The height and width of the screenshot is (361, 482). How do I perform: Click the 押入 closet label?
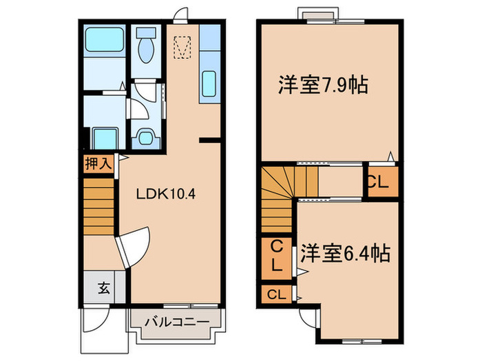pyautogui.click(x=97, y=164)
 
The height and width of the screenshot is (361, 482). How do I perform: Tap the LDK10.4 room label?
pyautogui.click(x=166, y=193)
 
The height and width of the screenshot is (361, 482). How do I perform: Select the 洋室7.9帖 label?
pyautogui.click(x=322, y=85)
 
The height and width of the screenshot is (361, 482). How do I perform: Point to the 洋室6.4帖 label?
pyautogui.click(x=344, y=254)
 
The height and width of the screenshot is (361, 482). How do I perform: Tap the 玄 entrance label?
pyautogui.click(x=103, y=287)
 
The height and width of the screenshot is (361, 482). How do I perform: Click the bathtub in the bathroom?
pyautogui.click(x=104, y=42)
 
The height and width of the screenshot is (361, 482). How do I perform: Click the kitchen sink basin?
pyautogui.click(x=209, y=85)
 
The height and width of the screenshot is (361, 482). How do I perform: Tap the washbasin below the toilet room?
pyautogui.click(x=145, y=135)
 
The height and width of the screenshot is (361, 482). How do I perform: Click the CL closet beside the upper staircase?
pyautogui.click(x=380, y=182)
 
